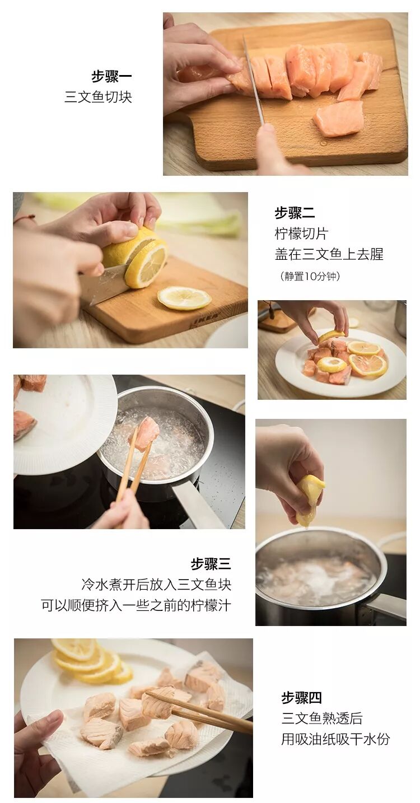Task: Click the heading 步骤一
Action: point(111,76)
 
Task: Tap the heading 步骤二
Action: point(295,213)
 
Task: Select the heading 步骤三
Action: point(211,564)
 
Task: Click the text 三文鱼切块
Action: point(98,97)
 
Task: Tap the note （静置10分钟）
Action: point(310,276)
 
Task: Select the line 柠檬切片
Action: point(301,234)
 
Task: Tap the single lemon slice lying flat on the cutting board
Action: point(184,297)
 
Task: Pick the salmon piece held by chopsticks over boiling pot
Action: point(144,434)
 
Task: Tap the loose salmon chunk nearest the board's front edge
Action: point(338,118)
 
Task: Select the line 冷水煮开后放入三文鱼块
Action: point(156,584)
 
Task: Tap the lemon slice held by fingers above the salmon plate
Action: point(331,337)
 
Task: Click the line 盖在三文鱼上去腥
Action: point(329,254)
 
